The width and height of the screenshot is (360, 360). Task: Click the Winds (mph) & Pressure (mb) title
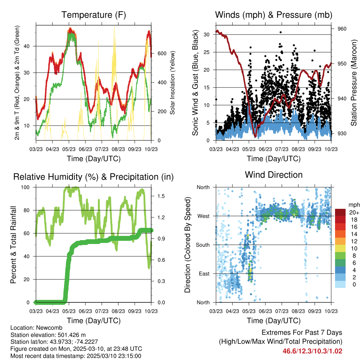pos(274,15)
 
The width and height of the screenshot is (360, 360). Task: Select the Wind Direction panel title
pos(274,175)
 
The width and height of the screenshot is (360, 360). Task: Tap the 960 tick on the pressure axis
pos(342,29)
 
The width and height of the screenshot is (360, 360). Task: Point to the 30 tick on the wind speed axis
pos(207,34)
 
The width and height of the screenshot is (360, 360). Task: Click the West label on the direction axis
pos(203,216)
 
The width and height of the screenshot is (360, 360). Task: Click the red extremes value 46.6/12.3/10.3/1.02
pos(312,351)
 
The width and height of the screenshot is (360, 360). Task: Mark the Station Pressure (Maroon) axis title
pos(354,83)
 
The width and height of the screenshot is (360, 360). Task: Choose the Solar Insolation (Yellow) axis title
pos(173,83)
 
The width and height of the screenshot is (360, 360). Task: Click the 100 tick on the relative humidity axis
pos(28,187)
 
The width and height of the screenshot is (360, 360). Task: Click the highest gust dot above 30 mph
pos(281,32)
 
